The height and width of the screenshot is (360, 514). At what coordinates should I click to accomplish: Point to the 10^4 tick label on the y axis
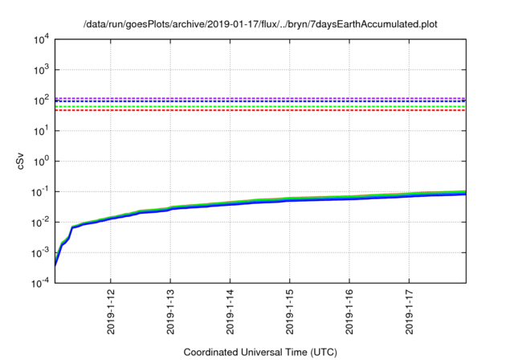[41, 39]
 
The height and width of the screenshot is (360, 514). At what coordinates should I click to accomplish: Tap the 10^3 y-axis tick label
[41, 69]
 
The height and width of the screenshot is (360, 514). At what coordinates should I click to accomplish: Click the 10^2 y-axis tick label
[41, 100]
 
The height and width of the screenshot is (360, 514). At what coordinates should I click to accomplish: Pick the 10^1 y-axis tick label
[41, 130]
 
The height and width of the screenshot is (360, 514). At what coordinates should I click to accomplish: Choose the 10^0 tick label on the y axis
[41, 161]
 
